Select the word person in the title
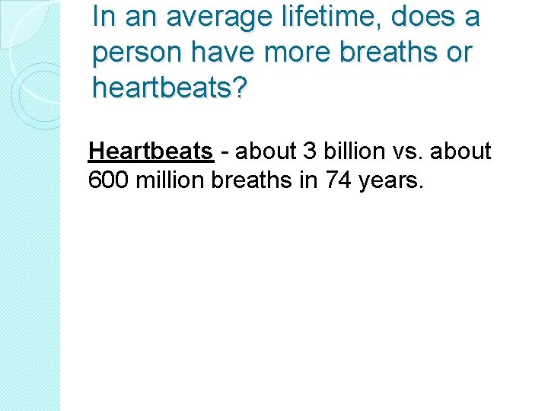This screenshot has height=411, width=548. [x=135, y=53]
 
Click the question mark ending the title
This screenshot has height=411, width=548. [x=240, y=88]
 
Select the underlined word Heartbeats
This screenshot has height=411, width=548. [x=151, y=151]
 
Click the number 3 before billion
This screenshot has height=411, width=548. [x=309, y=151]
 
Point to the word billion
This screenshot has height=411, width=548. [x=354, y=151]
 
